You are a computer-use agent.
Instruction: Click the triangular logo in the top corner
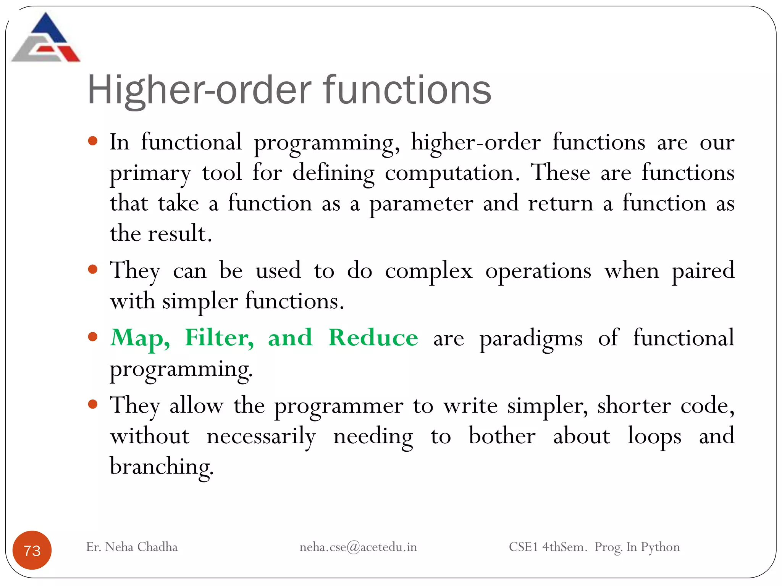point(46,38)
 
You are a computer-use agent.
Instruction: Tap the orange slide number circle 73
point(32,550)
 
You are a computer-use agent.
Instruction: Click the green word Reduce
point(373,338)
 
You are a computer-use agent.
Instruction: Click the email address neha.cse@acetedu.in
point(358,547)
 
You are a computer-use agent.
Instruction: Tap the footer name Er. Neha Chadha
point(132,547)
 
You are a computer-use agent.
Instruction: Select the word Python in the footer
point(660,547)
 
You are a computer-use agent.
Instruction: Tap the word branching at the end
point(162,467)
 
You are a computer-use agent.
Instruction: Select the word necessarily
point(261,436)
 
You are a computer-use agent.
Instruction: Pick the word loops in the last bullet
point(654,436)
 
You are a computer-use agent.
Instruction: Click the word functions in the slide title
point(407,90)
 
